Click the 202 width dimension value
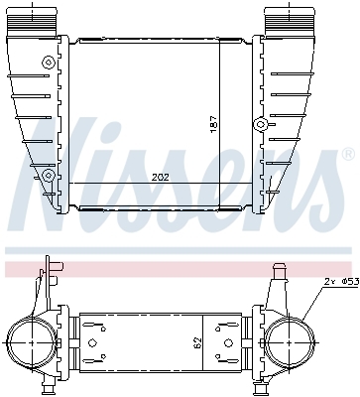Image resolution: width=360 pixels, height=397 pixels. pos(161,178)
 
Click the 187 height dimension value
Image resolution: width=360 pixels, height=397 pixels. pos(214,124)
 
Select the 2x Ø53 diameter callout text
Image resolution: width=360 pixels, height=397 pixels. pos(341,282)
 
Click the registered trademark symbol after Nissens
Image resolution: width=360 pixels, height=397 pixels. pos(348,155)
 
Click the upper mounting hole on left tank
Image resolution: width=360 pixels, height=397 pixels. pos(49,62)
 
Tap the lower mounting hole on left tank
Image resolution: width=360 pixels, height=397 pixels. pos(49,175)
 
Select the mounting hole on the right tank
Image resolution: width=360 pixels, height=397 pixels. pos(261,124)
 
